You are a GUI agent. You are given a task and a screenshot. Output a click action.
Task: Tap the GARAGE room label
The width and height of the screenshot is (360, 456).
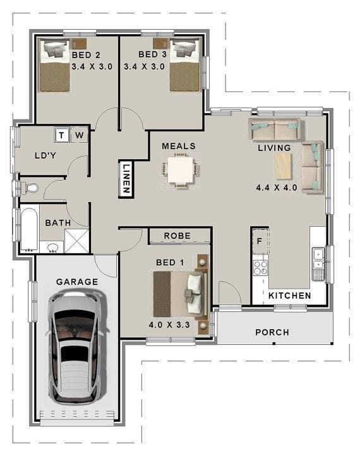tap(77, 282)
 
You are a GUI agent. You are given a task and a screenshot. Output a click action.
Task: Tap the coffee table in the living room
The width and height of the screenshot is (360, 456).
tap(283, 167)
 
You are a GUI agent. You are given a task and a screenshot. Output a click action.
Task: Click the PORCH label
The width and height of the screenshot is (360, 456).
tap(272, 332)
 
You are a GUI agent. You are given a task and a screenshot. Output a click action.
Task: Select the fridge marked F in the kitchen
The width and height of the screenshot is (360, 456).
tap(260, 241)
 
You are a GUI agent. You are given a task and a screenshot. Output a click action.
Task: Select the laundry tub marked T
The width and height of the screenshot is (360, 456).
tap(63, 135)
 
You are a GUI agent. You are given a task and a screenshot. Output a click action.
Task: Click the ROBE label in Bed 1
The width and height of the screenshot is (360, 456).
tap(177, 236)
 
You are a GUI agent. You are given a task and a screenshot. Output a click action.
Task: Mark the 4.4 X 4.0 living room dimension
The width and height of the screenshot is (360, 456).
tap(276, 188)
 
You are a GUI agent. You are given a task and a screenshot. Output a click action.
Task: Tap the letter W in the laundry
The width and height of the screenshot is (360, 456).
tap(80, 135)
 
